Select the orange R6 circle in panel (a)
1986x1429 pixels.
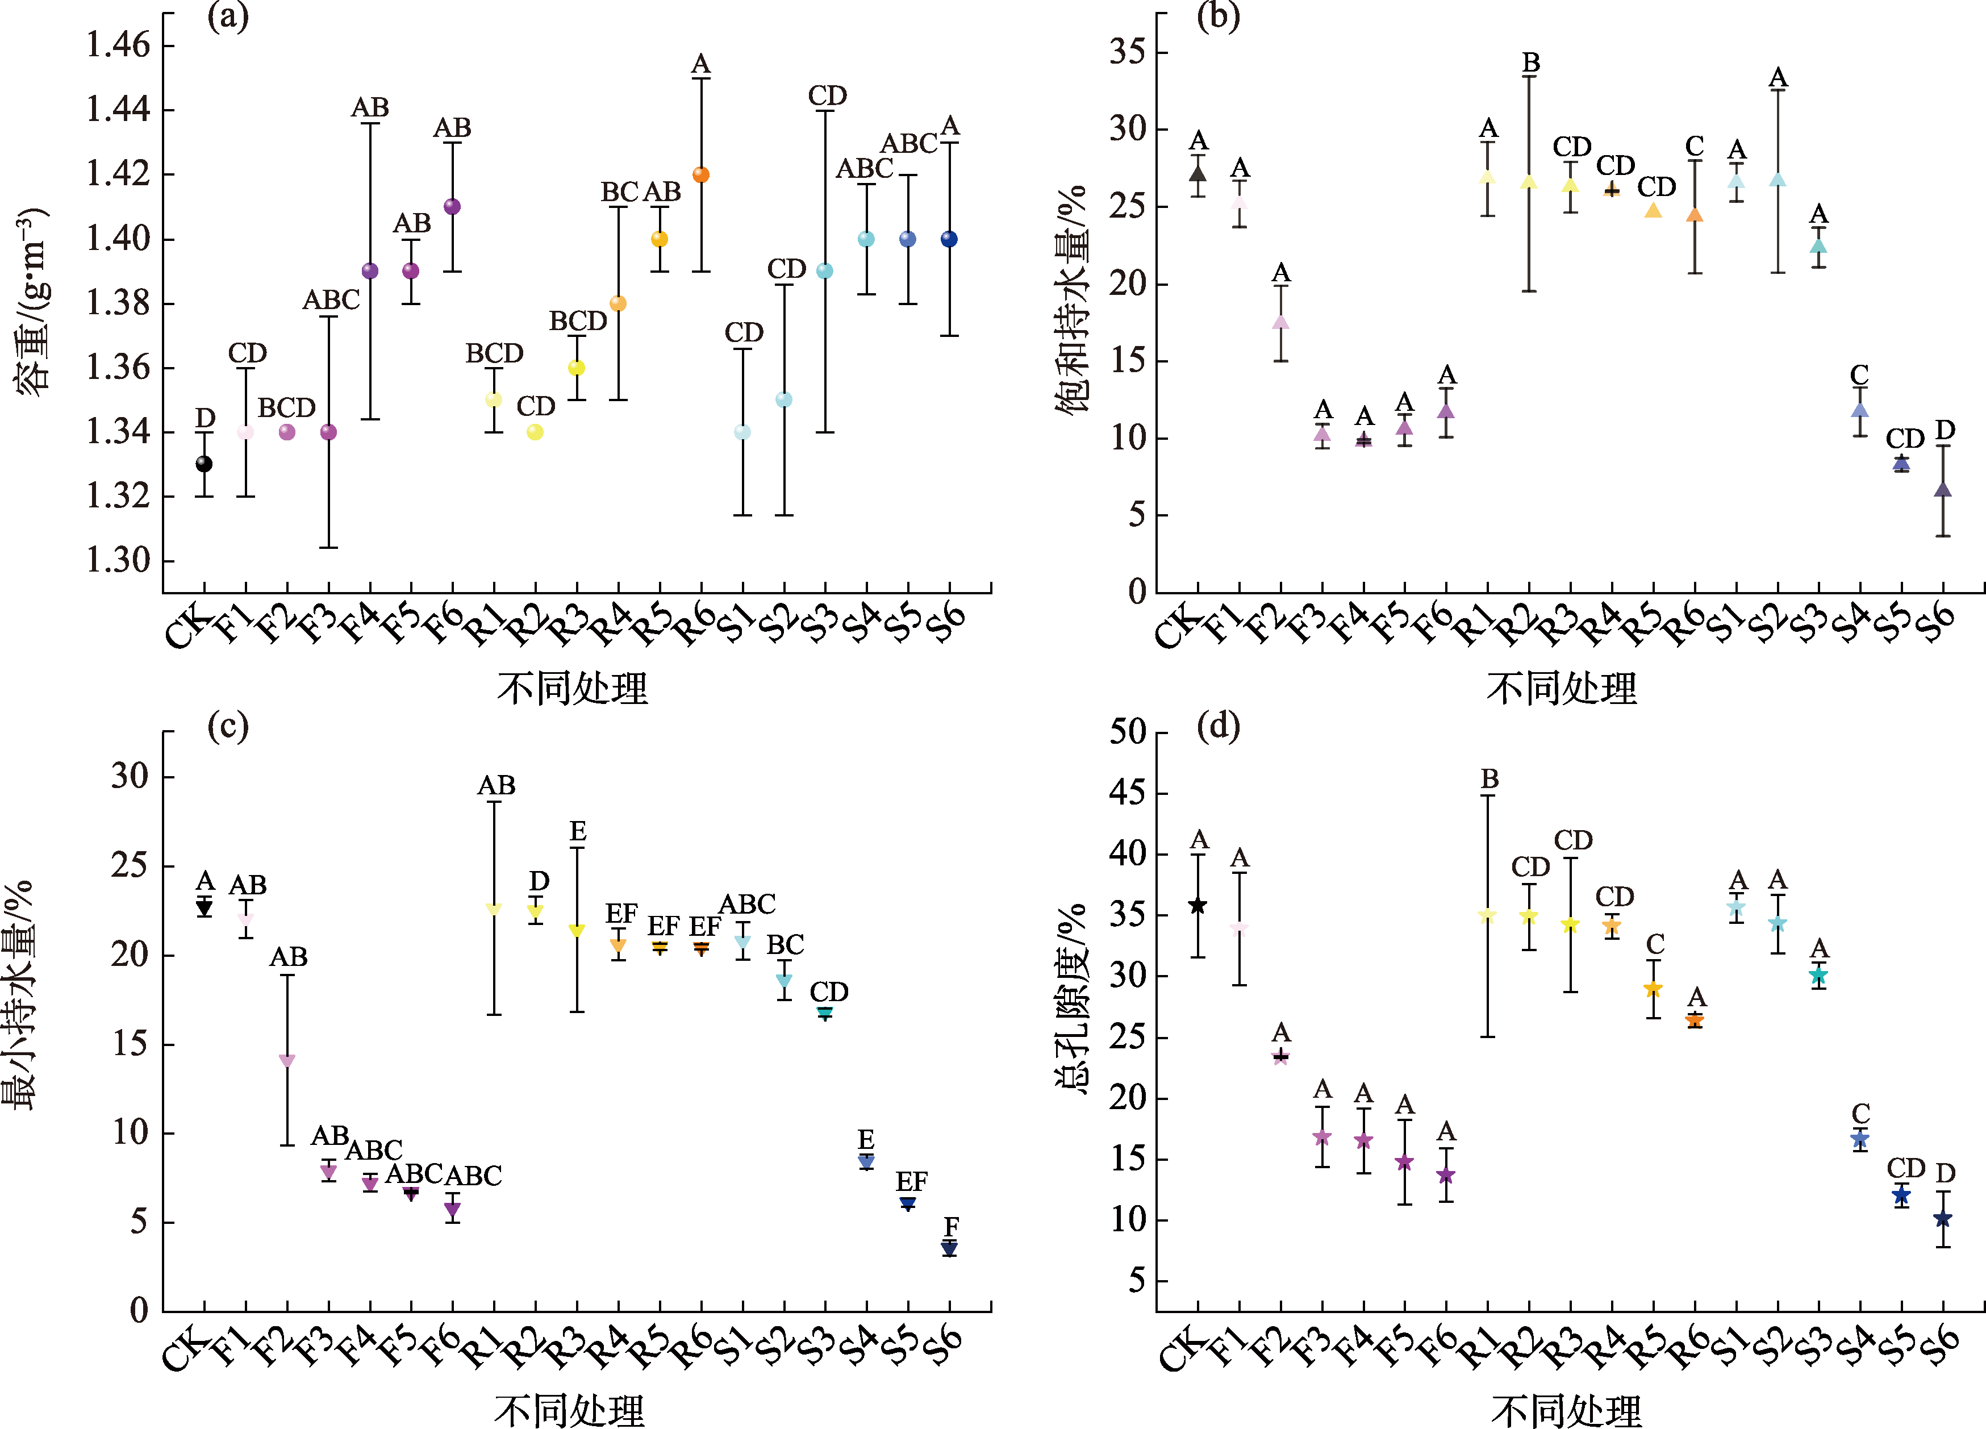[x=700, y=175]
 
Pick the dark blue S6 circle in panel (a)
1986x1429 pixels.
[x=949, y=239]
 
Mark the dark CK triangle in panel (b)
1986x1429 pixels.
[x=1198, y=173]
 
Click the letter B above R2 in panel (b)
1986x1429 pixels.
[x=1530, y=63]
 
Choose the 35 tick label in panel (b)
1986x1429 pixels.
[x=1127, y=52]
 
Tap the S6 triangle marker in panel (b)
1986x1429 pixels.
[x=1943, y=489]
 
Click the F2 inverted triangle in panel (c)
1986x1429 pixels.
[x=287, y=1060]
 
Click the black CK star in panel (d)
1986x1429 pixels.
[x=1198, y=905]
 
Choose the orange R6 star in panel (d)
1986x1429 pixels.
[x=1695, y=1020]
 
